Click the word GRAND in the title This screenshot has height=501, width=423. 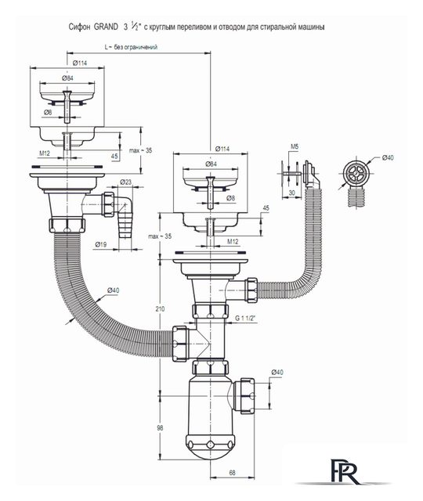(106, 27)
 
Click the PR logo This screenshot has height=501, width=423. (343, 472)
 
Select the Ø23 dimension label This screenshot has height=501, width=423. (125, 182)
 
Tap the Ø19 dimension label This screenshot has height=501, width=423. (101, 245)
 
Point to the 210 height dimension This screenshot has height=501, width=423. (160, 308)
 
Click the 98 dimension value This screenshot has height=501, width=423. (160, 427)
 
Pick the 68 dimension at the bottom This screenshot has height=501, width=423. (233, 472)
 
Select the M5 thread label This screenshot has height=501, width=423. (295, 146)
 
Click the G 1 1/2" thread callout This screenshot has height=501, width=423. (246, 319)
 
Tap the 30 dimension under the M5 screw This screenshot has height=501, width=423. (292, 193)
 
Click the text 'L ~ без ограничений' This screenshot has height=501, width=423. (131, 47)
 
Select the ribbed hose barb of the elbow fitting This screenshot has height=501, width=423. (125, 225)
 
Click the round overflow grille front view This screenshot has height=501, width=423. (356, 173)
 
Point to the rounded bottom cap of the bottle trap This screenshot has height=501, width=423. (210, 447)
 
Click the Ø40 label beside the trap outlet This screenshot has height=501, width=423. (277, 373)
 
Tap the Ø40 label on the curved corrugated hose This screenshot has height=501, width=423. (113, 290)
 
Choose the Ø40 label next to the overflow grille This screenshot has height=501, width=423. (388, 157)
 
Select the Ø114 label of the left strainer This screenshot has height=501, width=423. (80, 63)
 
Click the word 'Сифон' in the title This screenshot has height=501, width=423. (80, 27)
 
